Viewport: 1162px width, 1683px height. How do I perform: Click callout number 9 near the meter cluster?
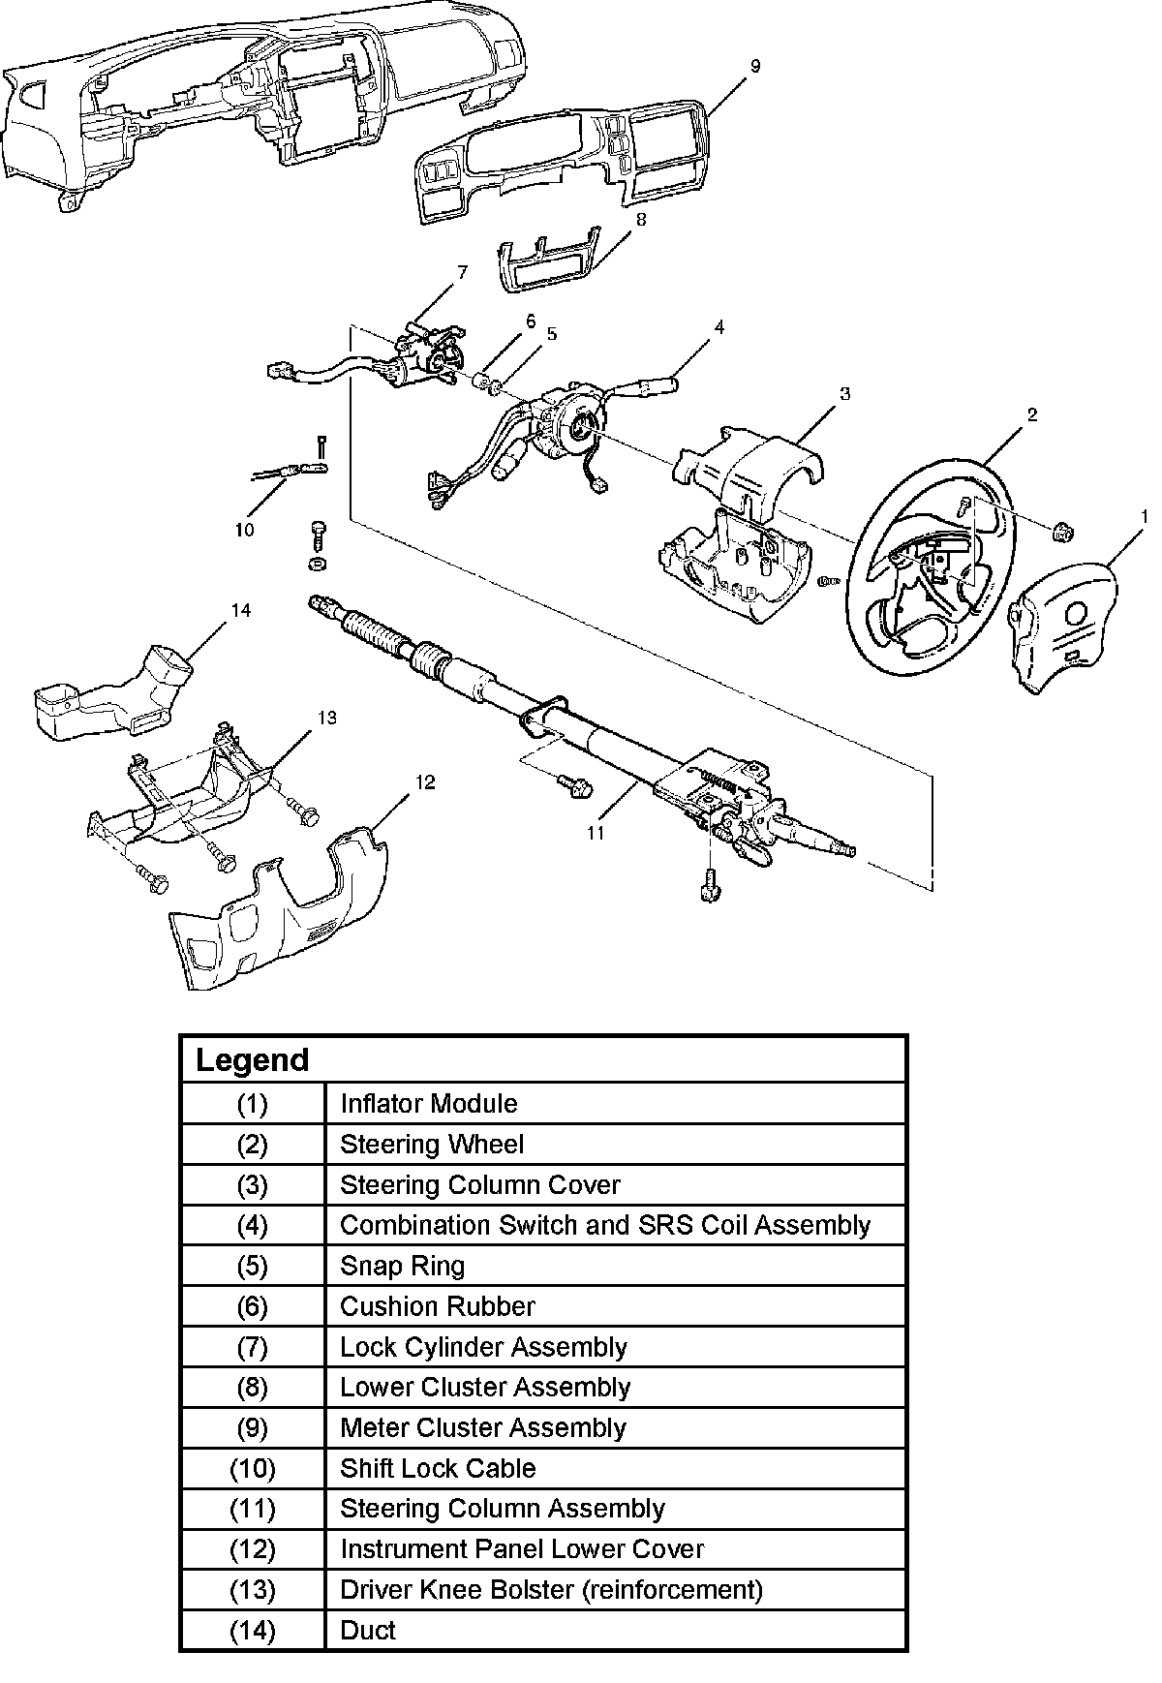(755, 66)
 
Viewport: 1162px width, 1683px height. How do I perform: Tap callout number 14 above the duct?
(240, 610)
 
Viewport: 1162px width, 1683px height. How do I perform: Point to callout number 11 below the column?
(595, 832)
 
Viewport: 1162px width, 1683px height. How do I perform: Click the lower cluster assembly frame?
(550, 261)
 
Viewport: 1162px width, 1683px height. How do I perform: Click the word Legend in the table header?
(252, 1059)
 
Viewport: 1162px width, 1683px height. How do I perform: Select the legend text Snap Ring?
(402, 1266)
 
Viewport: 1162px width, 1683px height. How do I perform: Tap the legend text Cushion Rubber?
(437, 1306)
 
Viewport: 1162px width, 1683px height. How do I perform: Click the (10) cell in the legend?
(253, 1468)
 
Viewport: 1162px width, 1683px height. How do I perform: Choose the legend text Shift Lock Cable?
(438, 1468)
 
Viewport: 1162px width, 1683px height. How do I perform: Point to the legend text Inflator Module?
(428, 1104)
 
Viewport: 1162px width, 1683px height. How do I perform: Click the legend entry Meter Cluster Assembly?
(483, 1427)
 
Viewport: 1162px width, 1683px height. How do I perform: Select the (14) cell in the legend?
(253, 1630)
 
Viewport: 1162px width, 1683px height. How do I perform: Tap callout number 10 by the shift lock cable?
(244, 530)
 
